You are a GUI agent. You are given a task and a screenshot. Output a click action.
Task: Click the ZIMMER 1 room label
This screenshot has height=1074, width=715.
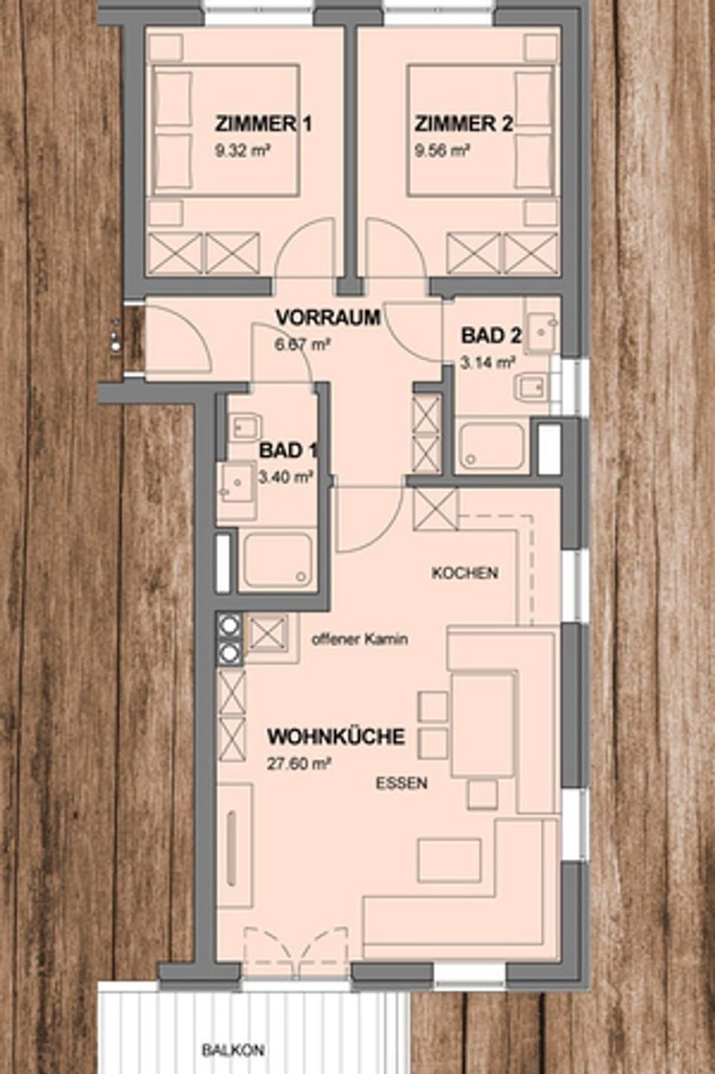click(x=263, y=124)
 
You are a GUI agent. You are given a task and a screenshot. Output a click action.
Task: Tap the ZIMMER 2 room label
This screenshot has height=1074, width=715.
click(x=463, y=124)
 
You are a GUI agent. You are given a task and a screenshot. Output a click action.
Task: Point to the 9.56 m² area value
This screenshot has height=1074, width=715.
click(x=442, y=150)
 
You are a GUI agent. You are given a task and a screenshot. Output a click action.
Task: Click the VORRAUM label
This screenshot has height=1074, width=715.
click(x=328, y=318)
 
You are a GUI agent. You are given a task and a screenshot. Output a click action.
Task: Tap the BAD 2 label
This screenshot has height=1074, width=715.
click(x=491, y=336)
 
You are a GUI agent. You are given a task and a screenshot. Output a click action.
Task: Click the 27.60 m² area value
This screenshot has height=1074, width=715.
click(x=299, y=764)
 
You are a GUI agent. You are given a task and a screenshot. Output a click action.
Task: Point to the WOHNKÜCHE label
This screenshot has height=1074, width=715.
click(x=336, y=737)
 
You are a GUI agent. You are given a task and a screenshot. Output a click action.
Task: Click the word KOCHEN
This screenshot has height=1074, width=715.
click(x=465, y=573)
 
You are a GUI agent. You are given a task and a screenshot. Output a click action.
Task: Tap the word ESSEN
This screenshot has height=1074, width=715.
click(x=401, y=783)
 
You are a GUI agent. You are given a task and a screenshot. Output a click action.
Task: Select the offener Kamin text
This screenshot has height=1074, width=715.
click(x=360, y=639)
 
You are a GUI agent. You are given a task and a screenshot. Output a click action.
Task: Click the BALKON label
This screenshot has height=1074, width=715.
click(x=232, y=1050)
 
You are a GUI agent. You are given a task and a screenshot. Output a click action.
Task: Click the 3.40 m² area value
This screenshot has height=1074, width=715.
click(x=285, y=477)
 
